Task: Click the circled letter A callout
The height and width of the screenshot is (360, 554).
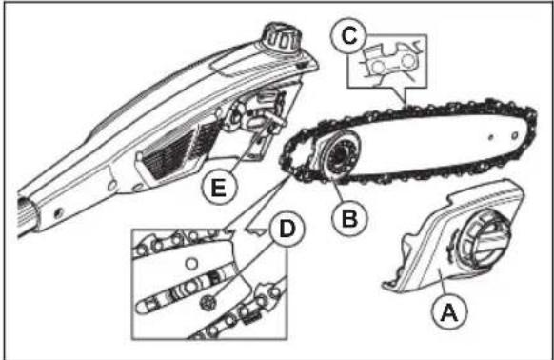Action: (449, 311)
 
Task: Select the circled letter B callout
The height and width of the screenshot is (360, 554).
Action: (349, 218)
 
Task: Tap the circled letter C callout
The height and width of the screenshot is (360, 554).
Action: (348, 36)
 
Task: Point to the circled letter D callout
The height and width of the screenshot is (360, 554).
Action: (287, 229)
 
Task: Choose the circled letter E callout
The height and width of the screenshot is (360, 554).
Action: (219, 187)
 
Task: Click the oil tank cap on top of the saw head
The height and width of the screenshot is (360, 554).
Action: (282, 38)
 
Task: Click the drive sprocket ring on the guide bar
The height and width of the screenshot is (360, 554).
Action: (339, 154)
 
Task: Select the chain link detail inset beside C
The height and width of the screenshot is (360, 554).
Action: (387, 62)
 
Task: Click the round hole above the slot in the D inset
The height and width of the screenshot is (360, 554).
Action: (191, 264)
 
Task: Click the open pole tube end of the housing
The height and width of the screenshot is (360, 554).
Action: (26, 214)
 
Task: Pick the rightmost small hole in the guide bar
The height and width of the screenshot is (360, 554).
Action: (514, 136)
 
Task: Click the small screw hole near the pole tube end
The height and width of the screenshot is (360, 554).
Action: (59, 213)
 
